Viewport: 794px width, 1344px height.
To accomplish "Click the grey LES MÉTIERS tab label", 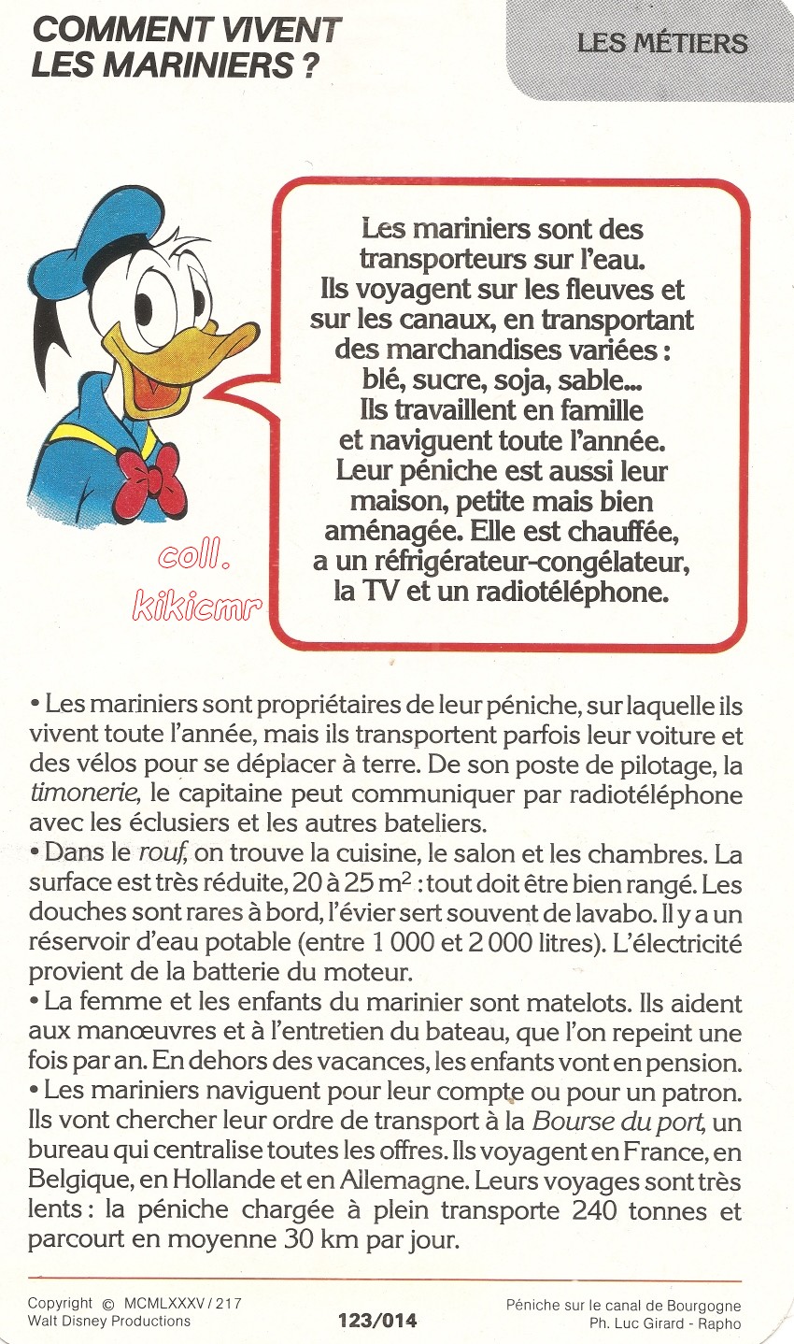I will tap(661, 43).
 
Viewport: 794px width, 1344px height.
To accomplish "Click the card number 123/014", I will tap(377, 1321).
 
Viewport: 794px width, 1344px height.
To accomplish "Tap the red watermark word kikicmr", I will tap(197, 608).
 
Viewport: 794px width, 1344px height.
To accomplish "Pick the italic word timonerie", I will tap(84, 794).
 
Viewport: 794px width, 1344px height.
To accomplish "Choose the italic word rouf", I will tap(159, 854).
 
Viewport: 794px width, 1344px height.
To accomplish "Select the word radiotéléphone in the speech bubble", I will tap(562, 592).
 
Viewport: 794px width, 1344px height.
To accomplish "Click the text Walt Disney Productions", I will tap(108, 1321).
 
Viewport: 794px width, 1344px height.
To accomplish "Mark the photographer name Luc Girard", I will tap(653, 1323).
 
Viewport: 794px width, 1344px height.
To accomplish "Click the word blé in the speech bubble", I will tap(383, 380).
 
